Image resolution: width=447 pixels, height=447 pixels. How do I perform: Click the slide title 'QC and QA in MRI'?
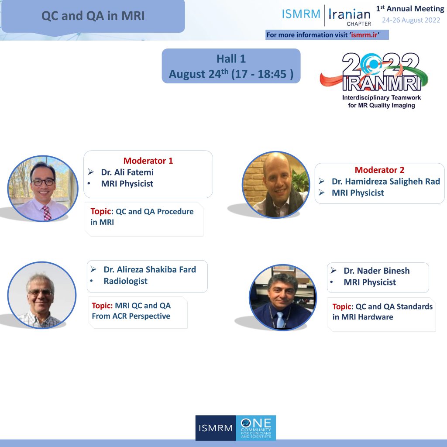[93, 16]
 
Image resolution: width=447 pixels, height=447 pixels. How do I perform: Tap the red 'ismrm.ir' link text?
[364, 35]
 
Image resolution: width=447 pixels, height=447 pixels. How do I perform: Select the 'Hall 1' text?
[231, 59]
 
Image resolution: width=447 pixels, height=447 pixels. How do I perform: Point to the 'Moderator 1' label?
[148, 161]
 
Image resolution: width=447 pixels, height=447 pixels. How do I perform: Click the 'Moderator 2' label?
[379, 170]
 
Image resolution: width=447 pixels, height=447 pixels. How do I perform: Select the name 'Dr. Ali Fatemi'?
[127, 172]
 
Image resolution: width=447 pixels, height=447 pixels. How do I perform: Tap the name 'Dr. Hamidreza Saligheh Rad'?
[386, 181]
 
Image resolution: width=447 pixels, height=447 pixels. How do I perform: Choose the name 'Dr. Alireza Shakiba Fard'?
[150, 269]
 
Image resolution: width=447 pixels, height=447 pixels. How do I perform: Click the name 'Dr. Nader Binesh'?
[377, 271]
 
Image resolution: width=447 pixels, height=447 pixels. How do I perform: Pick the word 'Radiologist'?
[125, 281]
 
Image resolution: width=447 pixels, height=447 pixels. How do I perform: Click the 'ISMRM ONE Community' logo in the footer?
[235, 428]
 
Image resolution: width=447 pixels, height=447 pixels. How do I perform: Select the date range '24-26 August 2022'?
[411, 20]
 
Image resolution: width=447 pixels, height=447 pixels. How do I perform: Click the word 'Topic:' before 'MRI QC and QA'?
[102, 306]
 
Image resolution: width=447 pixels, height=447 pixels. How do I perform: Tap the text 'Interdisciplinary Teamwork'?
[382, 97]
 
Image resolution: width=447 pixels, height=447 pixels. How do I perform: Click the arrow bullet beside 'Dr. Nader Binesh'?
[334, 271]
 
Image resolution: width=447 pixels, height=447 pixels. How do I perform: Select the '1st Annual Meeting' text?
[410, 9]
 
